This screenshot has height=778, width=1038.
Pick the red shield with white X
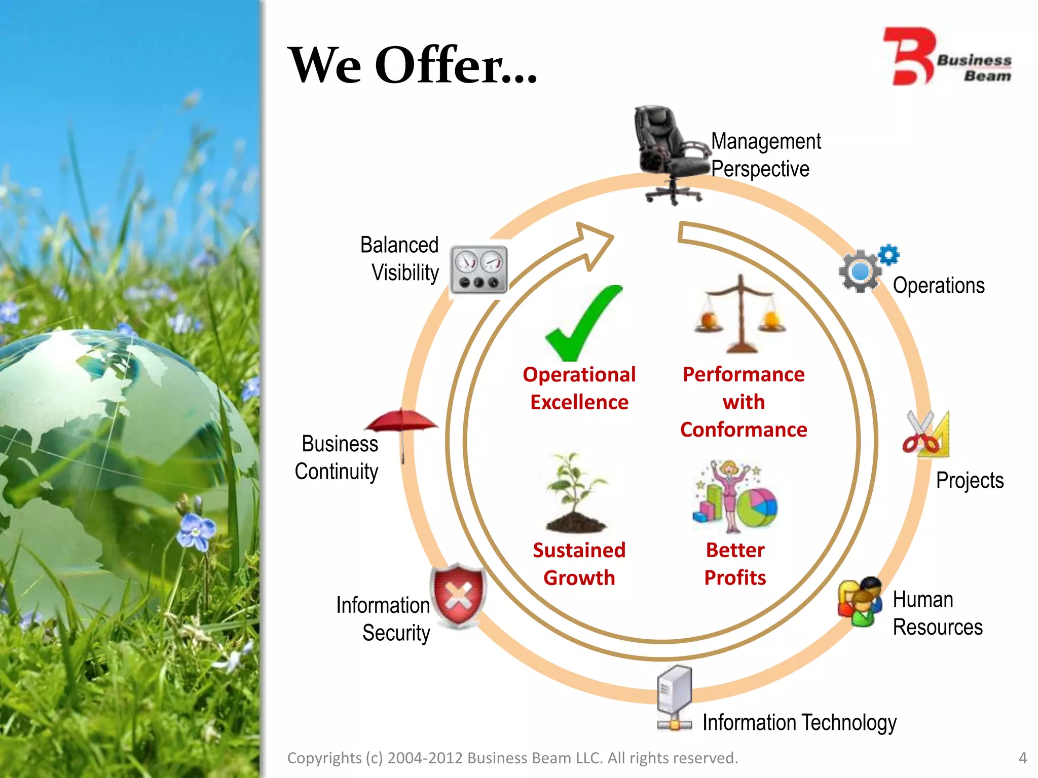[x=458, y=596]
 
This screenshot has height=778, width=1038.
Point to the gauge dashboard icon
[x=478, y=270]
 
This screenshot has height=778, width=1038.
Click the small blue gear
[x=888, y=255]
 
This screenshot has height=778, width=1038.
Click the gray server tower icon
[x=675, y=696]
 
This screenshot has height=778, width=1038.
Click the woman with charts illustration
[x=734, y=496]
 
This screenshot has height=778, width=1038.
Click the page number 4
[x=1023, y=758]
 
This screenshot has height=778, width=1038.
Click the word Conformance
[x=744, y=430]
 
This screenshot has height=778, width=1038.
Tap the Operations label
[x=939, y=285]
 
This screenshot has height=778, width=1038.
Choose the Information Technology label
[x=799, y=722]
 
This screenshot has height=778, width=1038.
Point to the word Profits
[x=735, y=577]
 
